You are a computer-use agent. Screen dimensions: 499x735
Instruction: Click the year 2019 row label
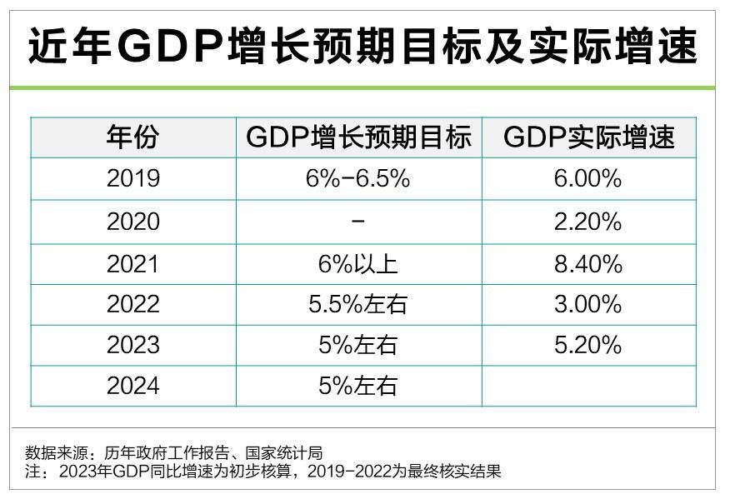(x=132, y=180)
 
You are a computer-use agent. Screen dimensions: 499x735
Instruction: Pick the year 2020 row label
(x=132, y=222)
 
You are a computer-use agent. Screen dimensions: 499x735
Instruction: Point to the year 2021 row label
(x=132, y=264)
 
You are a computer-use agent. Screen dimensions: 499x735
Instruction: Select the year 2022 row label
(x=132, y=304)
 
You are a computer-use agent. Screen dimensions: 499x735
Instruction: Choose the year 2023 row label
(x=132, y=345)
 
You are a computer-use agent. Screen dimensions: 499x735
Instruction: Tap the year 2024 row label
(x=132, y=386)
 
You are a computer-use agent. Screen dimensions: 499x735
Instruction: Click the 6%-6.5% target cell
(x=358, y=180)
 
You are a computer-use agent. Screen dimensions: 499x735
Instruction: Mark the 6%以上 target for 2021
(x=358, y=264)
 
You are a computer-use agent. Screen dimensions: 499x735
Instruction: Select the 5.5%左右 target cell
(x=358, y=304)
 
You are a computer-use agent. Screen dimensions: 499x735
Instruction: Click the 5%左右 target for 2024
(x=358, y=386)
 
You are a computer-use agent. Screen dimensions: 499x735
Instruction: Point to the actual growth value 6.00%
(x=588, y=180)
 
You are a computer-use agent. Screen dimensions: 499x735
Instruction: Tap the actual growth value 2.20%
(x=588, y=222)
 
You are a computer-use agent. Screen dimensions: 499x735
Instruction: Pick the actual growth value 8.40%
(x=588, y=264)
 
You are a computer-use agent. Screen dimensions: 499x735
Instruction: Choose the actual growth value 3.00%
(x=588, y=304)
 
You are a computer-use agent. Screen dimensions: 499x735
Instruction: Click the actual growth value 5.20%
(x=588, y=345)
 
